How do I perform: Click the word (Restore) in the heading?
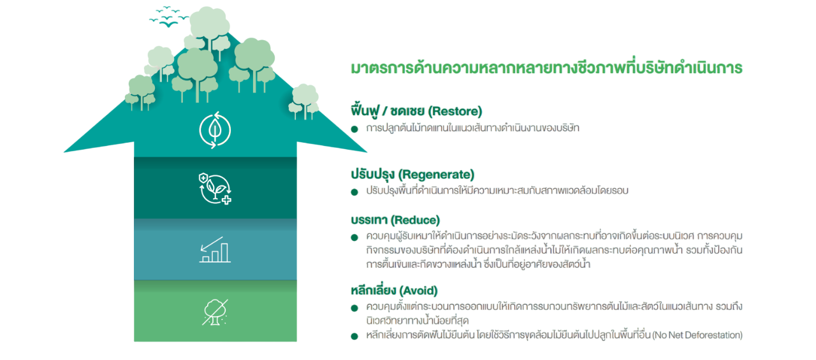(455, 111)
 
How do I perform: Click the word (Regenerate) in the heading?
(436, 175)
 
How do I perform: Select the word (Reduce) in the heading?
(415, 220)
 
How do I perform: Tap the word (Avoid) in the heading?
(419, 291)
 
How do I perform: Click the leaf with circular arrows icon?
(215, 130)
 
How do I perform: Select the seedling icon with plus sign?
(215, 189)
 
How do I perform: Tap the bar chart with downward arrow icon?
(215, 250)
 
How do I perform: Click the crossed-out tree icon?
(215, 312)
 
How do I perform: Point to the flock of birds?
(168, 17)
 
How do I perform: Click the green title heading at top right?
(546, 68)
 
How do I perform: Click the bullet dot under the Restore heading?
(354, 129)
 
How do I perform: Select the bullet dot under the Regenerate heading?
(354, 192)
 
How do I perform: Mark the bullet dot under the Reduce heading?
(354, 238)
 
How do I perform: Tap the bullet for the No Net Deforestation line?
(354, 336)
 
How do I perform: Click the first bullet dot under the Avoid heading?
(354, 308)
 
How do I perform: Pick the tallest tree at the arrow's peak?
(209, 29)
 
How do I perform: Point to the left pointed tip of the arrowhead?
(64, 152)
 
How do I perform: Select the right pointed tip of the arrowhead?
(367, 152)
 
